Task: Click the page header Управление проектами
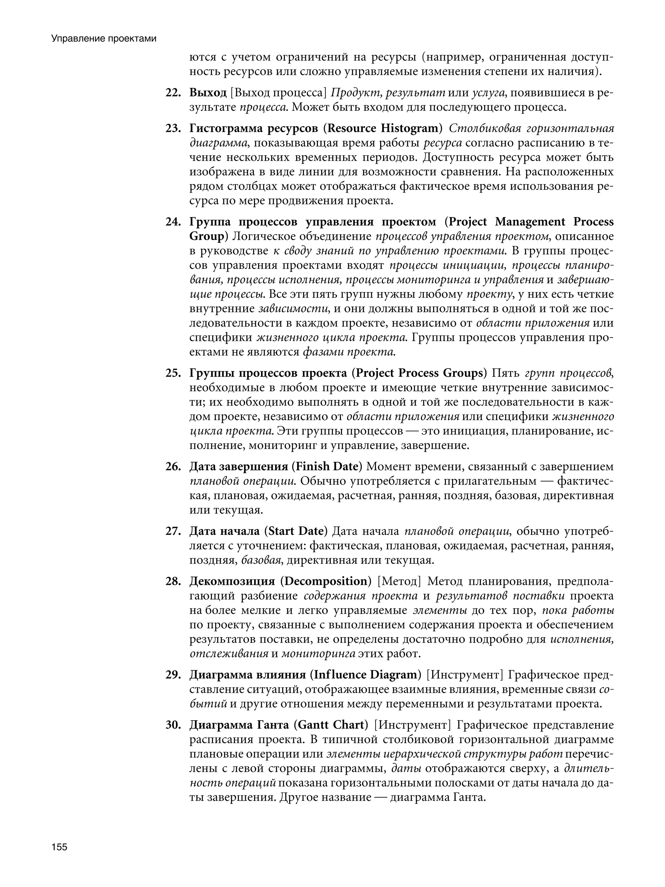pos(103,39)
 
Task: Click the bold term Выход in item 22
pos(207,93)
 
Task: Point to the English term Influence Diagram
pos(366,675)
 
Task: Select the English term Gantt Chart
pos(331,725)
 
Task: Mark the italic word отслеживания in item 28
pos(229,654)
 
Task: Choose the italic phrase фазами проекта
pos(349,352)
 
